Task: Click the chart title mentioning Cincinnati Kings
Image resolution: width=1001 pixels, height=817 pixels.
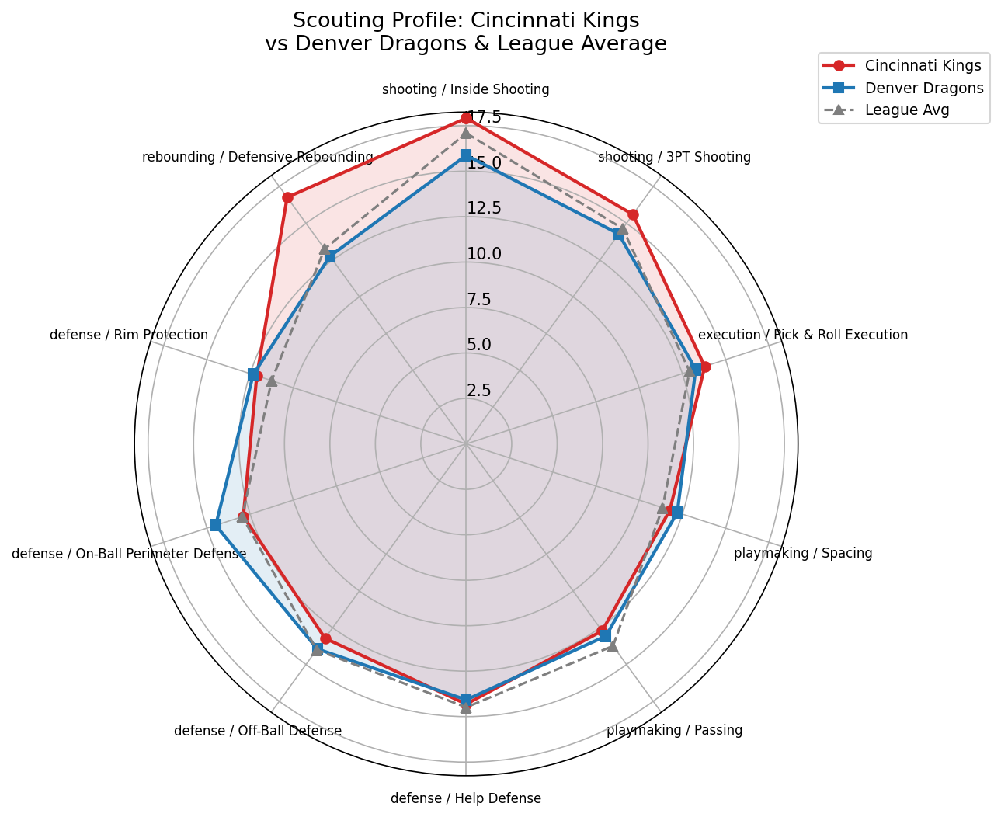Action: pyautogui.click(x=465, y=32)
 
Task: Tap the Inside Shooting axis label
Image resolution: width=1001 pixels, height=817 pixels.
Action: pyautogui.click(x=465, y=89)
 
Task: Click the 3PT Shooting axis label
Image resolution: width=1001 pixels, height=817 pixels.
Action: pyautogui.click(x=674, y=157)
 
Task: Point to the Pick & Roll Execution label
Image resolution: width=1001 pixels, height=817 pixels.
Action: pyautogui.click(x=802, y=335)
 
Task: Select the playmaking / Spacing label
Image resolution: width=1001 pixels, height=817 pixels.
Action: pyautogui.click(x=803, y=553)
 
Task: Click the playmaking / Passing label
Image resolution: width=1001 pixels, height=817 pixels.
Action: pyautogui.click(x=674, y=730)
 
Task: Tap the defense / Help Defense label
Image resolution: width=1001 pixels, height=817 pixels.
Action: pyautogui.click(x=465, y=798)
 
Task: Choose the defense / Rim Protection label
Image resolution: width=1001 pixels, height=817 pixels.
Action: pyautogui.click(x=129, y=335)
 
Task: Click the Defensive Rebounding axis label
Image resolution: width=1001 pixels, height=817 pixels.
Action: pyautogui.click(x=258, y=157)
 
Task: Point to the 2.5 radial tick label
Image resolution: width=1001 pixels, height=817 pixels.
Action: pyautogui.click(x=479, y=390)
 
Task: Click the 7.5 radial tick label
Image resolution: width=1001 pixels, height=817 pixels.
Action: pyautogui.click(x=479, y=299)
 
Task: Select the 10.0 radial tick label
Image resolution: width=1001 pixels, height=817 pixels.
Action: pyautogui.click(x=484, y=254)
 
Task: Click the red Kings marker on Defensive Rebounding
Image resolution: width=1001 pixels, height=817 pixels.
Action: pyautogui.click(x=287, y=197)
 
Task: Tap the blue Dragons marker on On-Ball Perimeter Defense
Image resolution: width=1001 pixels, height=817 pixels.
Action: pyautogui.click(x=216, y=525)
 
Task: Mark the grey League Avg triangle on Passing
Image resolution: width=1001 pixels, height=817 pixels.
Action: pyautogui.click(x=612, y=645)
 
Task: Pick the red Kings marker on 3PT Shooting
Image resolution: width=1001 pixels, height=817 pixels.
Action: pyautogui.click(x=633, y=214)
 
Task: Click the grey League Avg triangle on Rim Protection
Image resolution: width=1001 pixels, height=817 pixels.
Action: pyautogui.click(x=271, y=381)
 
